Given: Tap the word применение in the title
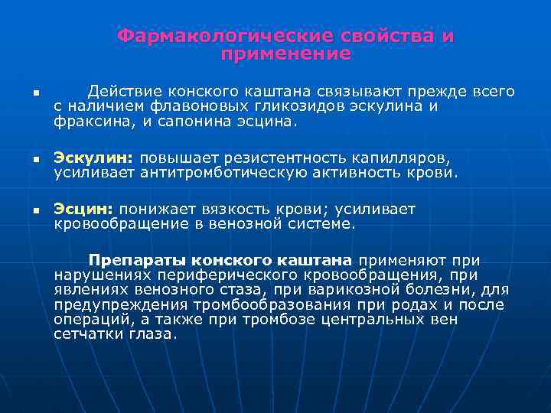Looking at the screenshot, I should [x=285, y=54].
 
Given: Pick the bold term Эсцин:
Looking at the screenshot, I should [x=83, y=209].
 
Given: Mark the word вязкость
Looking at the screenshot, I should [x=229, y=209].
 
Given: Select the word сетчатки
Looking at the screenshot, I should [x=85, y=334].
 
